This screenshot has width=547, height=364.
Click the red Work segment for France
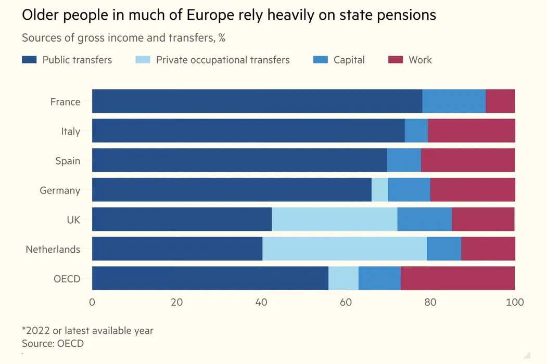tap(500, 101)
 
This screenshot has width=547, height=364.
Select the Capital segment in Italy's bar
tap(416, 131)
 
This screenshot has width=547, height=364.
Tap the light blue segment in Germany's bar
tap(380, 190)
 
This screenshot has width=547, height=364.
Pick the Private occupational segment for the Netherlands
tap(345, 249)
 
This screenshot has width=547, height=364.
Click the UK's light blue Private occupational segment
tap(335, 219)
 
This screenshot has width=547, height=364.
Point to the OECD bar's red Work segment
tap(458, 278)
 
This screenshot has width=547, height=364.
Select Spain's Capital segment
tap(404, 160)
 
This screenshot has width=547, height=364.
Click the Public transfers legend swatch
tap(29, 60)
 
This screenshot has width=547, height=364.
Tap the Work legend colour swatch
tap(396, 60)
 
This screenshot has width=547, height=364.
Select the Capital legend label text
tap(349, 60)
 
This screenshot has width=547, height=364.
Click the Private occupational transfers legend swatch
tap(143, 60)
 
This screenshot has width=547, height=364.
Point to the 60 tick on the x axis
tap(346, 302)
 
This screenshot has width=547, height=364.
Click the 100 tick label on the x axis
tap(515, 302)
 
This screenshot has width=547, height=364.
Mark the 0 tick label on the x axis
tap(92, 302)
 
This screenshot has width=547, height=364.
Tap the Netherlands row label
tap(53, 250)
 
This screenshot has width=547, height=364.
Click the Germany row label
tap(60, 190)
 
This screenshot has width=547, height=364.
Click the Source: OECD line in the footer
tap(53, 344)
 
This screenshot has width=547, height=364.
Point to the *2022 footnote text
tap(87, 331)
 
